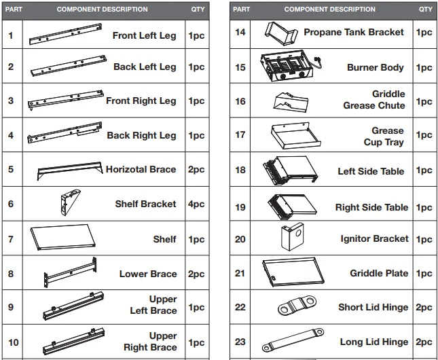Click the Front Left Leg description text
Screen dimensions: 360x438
click(144, 36)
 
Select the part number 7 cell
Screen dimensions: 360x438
click(11, 239)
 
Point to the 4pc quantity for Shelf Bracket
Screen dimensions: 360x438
click(196, 204)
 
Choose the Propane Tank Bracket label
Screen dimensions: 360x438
click(353, 32)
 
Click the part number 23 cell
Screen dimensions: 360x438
click(240, 342)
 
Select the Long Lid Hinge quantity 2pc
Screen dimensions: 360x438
click(424, 342)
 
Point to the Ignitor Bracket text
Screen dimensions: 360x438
click(374, 239)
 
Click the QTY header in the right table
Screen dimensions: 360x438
click(425, 10)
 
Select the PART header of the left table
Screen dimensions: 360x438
click(14, 10)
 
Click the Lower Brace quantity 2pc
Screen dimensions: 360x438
click(196, 274)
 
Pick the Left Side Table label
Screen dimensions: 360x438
click(371, 171)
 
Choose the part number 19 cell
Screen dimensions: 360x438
click(240, 207)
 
